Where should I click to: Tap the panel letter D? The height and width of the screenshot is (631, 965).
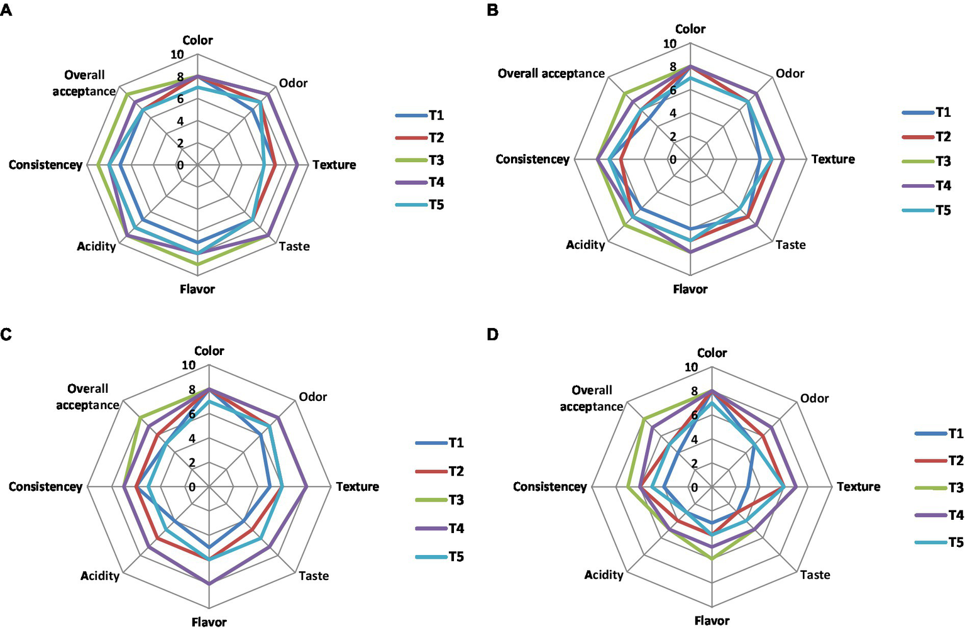click(x=492, y=334)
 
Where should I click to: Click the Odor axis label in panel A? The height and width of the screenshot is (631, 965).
click(x=293, y=83)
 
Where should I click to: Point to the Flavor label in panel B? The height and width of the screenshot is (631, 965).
click(x=690, y=289)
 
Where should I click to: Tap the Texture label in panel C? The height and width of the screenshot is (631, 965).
click(x=357, y=486)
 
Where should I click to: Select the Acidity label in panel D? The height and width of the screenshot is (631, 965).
click(x=604, y=574)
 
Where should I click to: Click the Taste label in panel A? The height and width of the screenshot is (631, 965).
click(x=294, y=246)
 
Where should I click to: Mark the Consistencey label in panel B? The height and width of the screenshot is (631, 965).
click(x=532, y=159)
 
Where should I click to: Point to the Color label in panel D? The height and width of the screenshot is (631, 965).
click(x=712, y=353)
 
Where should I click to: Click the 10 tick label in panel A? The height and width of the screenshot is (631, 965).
click(x=177, y=54)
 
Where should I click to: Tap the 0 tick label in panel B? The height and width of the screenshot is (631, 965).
click(x=673, y=160)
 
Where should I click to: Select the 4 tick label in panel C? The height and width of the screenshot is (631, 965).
click(x=192, y=439)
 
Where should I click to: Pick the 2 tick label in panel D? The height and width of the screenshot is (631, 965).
click(x=694, y=464)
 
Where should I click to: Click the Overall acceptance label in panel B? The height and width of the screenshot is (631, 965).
click(x=551, y=74)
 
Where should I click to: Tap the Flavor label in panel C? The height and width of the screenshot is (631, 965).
click(x=209, y=622)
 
